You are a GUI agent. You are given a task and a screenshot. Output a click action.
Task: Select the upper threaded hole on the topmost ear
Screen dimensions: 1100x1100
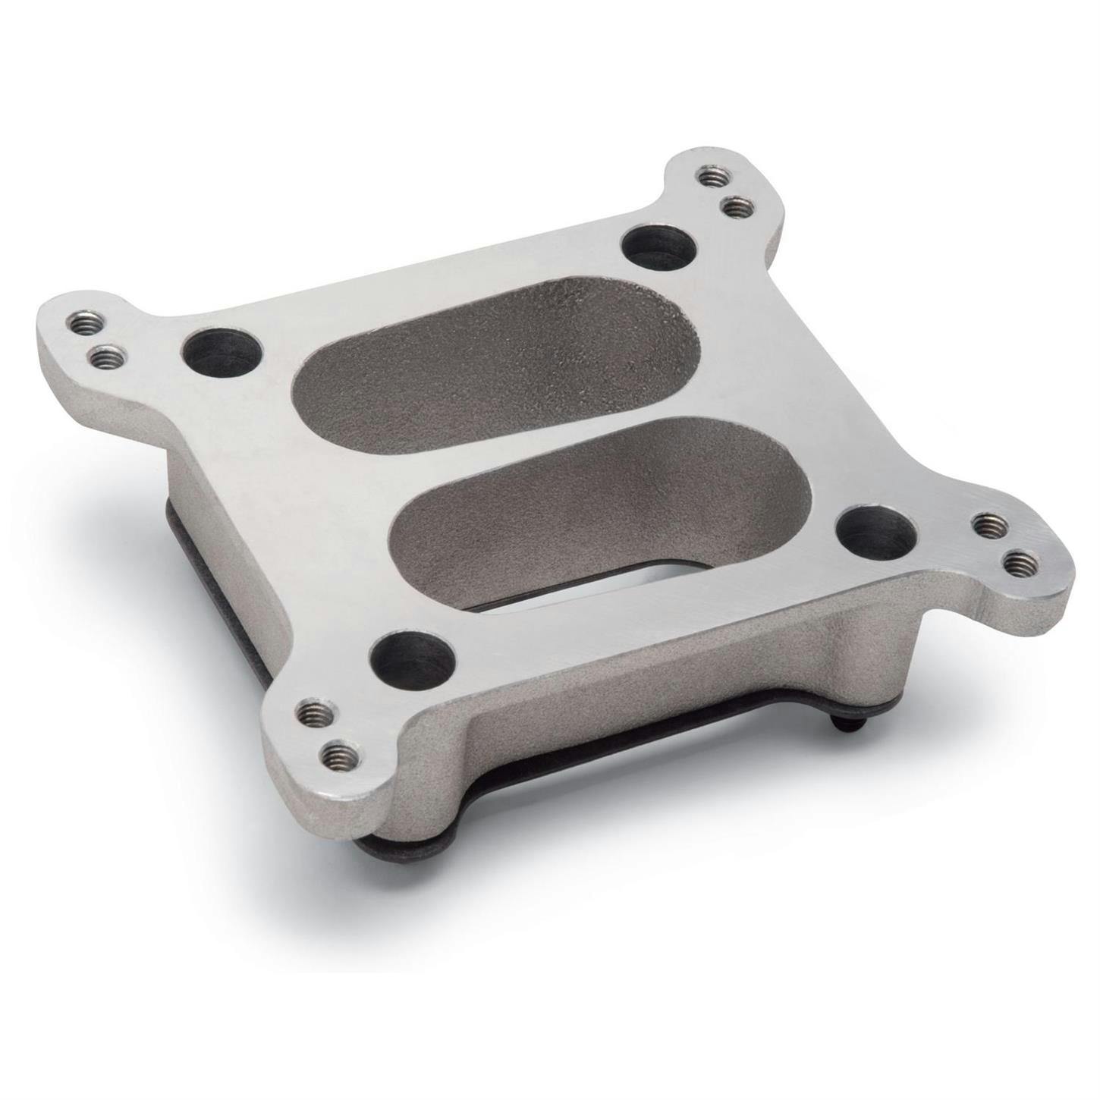pos(709,177)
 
